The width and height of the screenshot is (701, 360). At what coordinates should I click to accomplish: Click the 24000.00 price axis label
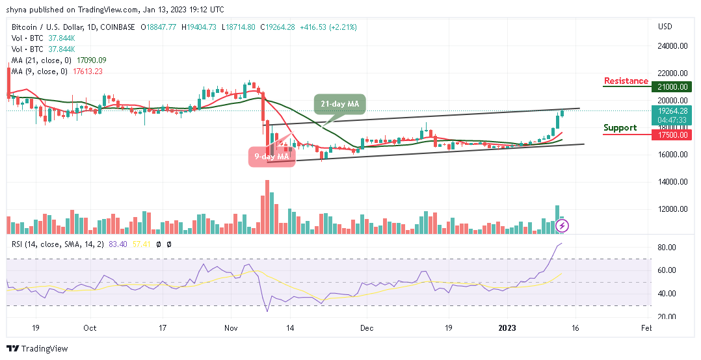(672, 46)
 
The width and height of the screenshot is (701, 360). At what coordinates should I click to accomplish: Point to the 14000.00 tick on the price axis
(672, 182)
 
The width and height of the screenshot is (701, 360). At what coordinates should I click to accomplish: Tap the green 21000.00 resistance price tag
(673, 86)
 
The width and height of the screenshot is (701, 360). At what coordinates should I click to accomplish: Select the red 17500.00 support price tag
(673, 135)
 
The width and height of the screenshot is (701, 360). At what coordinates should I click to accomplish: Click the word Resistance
(626, 81)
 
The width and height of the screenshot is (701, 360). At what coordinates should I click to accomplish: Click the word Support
(620, 128)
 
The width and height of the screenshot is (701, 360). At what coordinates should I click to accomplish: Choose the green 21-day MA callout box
(339, 103)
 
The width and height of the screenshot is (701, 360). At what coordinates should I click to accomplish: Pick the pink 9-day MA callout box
(272, 156)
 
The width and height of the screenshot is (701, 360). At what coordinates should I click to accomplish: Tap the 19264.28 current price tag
(673, 110)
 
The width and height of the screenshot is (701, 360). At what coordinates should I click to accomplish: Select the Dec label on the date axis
(367, 328)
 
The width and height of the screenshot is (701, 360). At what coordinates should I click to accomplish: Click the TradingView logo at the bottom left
(37, 349)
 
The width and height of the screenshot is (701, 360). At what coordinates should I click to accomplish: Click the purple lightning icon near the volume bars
(563, 225)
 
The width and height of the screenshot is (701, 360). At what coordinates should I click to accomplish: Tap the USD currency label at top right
(665, 27)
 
